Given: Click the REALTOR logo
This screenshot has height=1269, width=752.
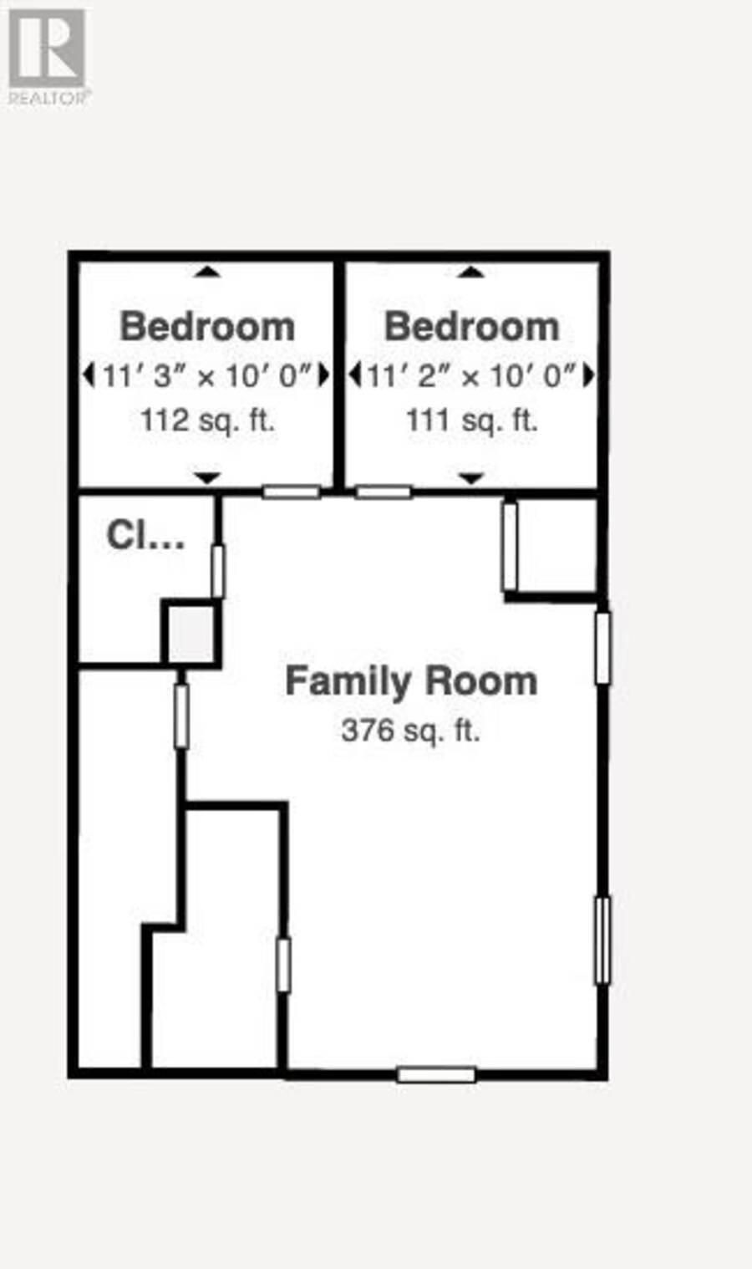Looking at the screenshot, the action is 47,57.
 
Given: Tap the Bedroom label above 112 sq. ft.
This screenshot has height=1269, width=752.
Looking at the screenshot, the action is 207,327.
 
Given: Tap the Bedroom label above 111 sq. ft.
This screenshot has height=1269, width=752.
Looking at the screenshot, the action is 472,327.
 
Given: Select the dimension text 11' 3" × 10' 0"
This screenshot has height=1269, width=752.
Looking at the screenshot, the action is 207,375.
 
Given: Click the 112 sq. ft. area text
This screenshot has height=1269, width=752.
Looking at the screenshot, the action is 207,420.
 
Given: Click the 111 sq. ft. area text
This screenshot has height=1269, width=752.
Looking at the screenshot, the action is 472,420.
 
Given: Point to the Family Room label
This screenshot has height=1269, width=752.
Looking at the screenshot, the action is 411,680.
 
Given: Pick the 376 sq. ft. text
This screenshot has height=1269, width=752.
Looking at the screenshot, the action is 410,731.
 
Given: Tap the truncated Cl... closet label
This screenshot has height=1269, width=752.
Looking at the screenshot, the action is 145,535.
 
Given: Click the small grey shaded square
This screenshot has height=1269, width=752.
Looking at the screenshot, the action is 191,632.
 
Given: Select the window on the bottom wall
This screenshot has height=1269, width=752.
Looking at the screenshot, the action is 436,1074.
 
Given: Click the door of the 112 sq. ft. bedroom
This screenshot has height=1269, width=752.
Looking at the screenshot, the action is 292,492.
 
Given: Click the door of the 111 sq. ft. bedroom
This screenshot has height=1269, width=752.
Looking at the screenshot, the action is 384,492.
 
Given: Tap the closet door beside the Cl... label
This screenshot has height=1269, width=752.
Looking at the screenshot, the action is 218,571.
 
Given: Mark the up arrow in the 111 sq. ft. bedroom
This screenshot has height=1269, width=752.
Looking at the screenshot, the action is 471,272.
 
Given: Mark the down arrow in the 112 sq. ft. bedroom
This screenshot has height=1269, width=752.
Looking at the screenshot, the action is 207,478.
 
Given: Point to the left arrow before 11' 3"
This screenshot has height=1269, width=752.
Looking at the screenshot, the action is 88,375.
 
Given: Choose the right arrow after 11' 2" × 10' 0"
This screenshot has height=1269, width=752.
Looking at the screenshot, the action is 589,375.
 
